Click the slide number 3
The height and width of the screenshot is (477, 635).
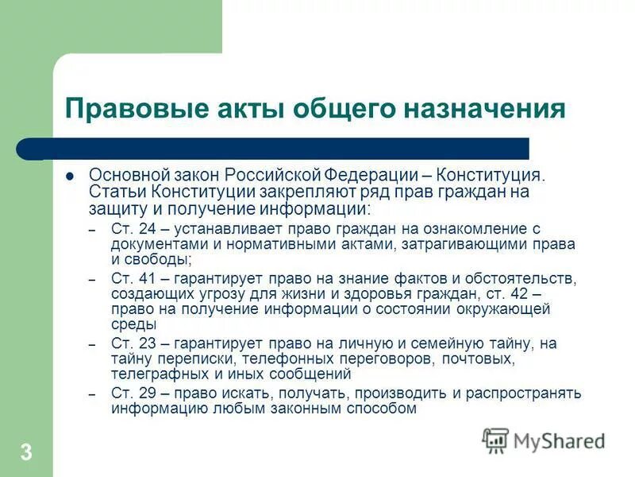click(x=26, y=453)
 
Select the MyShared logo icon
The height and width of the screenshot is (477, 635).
click(x=496, y=440)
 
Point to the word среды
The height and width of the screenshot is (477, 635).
click(x=134, y=324)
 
